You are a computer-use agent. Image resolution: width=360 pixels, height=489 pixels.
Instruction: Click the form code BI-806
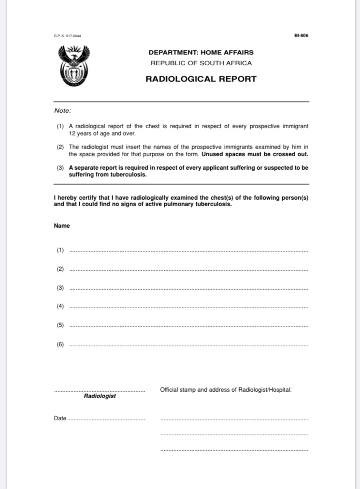point(301,35)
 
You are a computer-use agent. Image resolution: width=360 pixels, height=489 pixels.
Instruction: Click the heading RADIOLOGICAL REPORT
point(201,79)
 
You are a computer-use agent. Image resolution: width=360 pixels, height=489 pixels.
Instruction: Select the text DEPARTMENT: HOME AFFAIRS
point(201,52)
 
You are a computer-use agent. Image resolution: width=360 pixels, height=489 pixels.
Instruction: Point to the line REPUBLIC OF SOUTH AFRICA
point(201,63)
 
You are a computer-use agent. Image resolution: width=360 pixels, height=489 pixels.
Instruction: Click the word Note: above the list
point(63,110)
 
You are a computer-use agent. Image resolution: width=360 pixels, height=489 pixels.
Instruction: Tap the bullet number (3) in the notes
point(60,168)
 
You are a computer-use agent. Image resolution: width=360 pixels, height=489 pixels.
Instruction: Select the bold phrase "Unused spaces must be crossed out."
point(255,155)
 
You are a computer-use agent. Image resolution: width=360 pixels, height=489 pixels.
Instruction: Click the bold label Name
point(62,226)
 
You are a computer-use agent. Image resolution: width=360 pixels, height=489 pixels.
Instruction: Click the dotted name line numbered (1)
point(188,252)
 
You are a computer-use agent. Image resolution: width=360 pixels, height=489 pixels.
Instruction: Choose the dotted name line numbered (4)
point(188,308)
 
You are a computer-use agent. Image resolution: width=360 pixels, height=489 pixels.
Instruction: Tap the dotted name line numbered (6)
point(188,346)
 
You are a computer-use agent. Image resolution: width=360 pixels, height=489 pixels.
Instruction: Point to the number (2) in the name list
point(60,268)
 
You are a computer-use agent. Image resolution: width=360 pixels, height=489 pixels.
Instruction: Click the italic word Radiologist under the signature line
point(100,396)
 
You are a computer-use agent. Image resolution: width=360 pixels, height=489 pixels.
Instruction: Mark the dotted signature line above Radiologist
point(100,390)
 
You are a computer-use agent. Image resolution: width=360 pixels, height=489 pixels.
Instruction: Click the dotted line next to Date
point(106,419)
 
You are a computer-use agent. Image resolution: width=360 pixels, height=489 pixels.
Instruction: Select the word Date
point(60,418)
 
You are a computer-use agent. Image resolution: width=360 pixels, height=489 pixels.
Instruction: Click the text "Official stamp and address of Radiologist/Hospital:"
point(226,389)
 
